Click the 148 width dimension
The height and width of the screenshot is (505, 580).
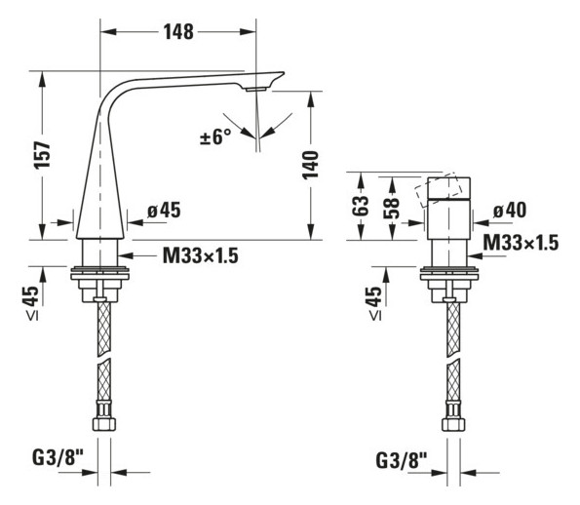[x=176, y=31]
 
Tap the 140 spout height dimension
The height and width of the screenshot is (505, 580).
[x=310, y=165]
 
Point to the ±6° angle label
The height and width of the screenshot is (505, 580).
[x=215, y=137]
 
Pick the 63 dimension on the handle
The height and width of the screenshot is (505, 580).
[x=361, y=206]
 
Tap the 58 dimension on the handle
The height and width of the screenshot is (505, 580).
[x=390, y=207]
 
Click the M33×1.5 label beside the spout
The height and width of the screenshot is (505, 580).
[x=200, y=255]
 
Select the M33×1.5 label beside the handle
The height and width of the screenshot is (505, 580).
[x=521, y=243]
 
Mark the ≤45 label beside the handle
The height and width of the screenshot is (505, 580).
[x=375, y=302]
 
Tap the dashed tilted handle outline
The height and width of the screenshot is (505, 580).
[x=438, y=191]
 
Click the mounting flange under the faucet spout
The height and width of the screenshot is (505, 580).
[x=101, y=272]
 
